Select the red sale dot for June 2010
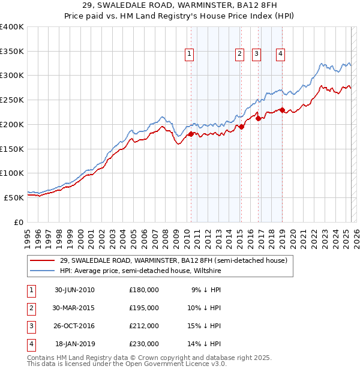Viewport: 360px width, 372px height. coord(191,134)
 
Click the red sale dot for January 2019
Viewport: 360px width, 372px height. coord(282,110)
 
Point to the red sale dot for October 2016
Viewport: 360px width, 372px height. coord(259,118)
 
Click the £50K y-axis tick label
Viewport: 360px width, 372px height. coord(14,197)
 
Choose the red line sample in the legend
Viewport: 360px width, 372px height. coord(43,261)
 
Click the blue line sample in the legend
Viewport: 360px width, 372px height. coord(43,271)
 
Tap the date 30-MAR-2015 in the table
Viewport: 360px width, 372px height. coord(74,307)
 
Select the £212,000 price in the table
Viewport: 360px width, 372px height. coord(143,326)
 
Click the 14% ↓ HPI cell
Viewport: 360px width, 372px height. coord(206,344)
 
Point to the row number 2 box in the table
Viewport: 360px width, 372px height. coord(31,307)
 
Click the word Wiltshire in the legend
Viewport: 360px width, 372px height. coord(206,271)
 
